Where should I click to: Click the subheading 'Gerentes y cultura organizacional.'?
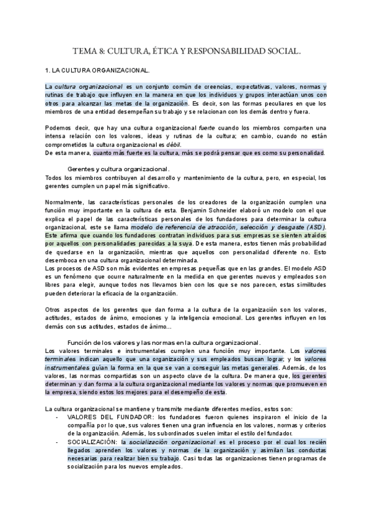click(x=118, y=169)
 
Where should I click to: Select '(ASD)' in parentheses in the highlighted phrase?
click(x=316, y=226)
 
